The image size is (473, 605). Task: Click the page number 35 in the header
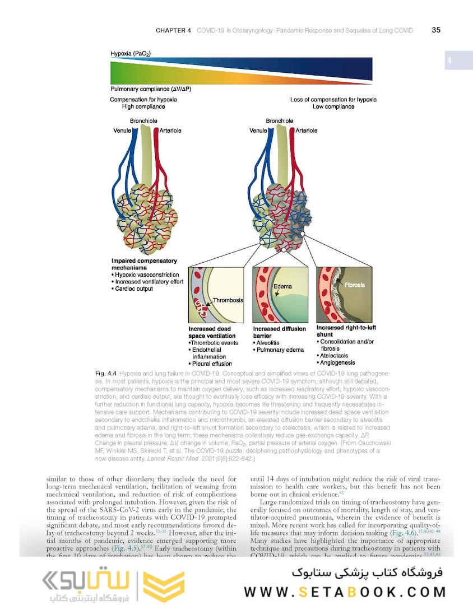point(436,30)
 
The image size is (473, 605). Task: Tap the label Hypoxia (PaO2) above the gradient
point(131,54)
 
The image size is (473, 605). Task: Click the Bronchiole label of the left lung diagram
point(143,121)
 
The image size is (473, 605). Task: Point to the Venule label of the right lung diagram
point(258,131)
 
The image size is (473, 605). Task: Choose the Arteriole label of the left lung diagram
point(171,131)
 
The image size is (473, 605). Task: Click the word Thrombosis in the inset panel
point(228,300)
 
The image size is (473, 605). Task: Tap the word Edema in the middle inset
point(283,286)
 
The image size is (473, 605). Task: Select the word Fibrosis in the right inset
point(354,285)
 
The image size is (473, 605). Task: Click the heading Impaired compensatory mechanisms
point(144,264)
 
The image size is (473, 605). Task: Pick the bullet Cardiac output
point(133,289)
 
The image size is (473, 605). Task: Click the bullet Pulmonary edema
point(280,350)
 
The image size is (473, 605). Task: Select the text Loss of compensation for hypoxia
point(333,100)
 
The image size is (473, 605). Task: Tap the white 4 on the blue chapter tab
point(449,61)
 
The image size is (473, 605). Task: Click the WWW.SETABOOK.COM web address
point(345,592)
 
